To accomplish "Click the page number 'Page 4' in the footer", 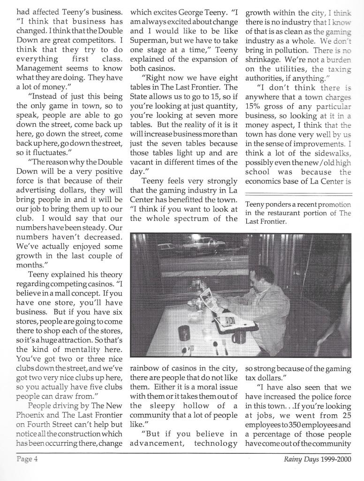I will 27,459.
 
